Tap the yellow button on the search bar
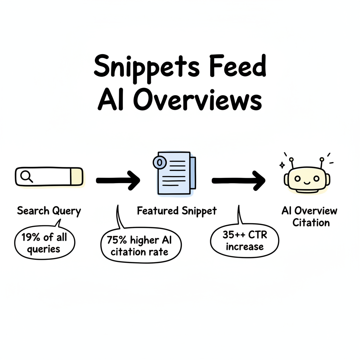coord(76,176)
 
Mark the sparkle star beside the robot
coord(281,165)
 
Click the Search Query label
coord(49,211)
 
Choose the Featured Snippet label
coord(177,211)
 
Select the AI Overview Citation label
coord(310,217)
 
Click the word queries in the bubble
coord(44,249)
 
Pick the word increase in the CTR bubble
coord(245,246)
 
